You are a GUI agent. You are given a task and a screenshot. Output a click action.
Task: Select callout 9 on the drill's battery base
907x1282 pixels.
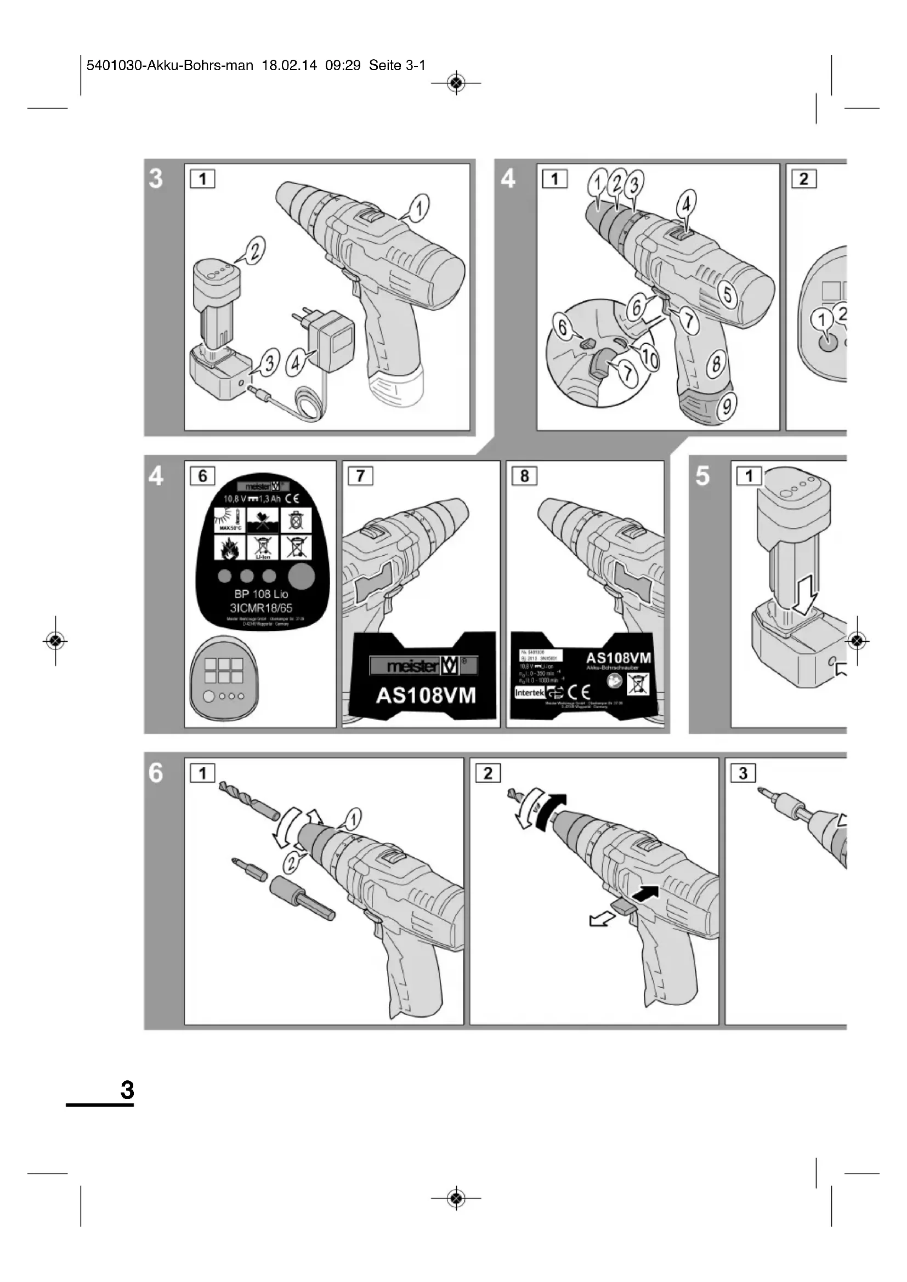(727, 406)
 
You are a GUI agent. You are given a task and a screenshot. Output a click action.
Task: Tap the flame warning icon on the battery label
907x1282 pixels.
(230, 547)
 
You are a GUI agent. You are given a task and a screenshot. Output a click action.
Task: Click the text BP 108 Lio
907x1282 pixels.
(261, 594)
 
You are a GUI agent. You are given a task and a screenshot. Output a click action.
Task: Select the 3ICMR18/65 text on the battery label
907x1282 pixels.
(261, 608)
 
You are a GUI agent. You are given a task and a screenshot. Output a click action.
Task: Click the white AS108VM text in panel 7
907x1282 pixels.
(426, 696)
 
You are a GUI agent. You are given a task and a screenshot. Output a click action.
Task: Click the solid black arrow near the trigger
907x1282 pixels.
(647, 894)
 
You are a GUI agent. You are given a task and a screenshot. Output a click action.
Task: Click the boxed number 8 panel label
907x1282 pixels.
(524, 476)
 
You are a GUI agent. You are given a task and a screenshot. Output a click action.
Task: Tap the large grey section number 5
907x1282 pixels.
(702, 476)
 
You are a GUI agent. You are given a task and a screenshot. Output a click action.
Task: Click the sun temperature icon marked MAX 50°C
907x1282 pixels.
(230, 519)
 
